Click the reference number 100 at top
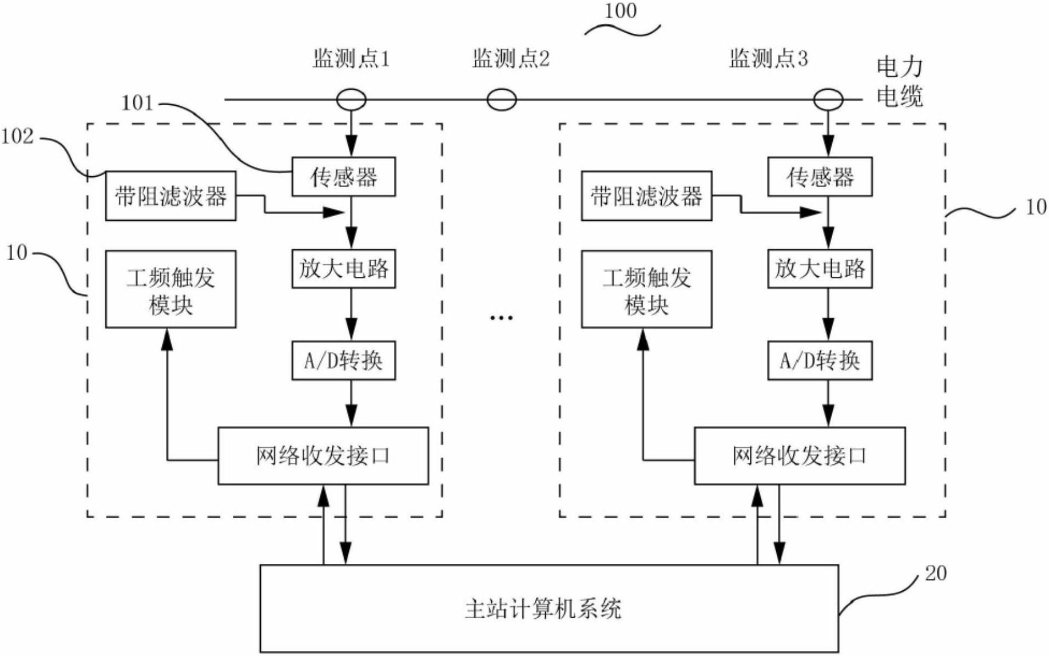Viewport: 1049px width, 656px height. (x=620, y=11)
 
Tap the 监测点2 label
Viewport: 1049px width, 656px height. (x=510, y=58)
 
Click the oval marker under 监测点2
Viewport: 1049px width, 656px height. (x=502, y=100)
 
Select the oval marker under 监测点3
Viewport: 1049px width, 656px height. (x=828, y=100)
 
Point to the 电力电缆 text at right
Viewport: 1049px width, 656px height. (x=899, y=82)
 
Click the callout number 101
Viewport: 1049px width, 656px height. (x=137, y=104)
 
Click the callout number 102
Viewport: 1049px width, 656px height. (x=17, y=137)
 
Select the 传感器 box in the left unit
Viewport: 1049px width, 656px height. (x=343, y=177)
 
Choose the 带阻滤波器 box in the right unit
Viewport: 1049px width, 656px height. (x=646, y=196)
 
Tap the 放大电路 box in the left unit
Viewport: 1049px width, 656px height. (x=343, y=268)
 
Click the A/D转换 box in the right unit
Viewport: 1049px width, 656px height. (x=819, y=360)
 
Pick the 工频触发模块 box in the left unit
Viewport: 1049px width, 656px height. (x=170, y=289)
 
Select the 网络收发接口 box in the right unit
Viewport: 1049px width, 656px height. (x=799, y=456)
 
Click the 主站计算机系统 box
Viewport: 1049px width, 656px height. (x=549, y=609)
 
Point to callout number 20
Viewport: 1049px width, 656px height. (x=936, y=574)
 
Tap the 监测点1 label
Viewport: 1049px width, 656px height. (x=351, y=58)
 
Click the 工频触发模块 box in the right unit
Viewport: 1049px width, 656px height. (x=646, y=289)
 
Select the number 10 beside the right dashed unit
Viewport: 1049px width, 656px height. (x=1036, y=207)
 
